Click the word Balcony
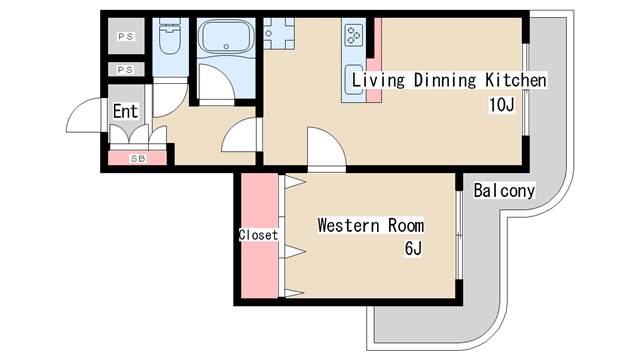pos(504,190)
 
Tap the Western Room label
pos(370,225)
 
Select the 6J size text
pos(413,248)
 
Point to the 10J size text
pos(501,105)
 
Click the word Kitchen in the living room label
pos(515,81)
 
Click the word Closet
pos(257,236)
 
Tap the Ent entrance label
pos(125,111)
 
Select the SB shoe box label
pos(136,158)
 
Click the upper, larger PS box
pos(126,38)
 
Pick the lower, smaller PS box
pos(126,70)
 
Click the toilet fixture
pos(169,39)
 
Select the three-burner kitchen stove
pos(354,37)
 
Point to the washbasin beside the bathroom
pos(274,36)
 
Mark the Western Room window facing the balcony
pos(458,236)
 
